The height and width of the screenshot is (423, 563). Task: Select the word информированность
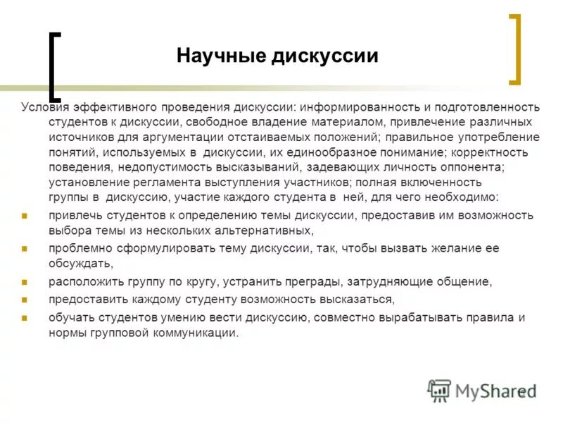[359, 107]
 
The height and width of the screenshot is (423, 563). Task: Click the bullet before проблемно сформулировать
[24, 249]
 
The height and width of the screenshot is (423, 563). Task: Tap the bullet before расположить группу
[24, 281]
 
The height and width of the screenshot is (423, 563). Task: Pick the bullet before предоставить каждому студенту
[24, 299]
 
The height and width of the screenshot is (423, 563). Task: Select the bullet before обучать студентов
[24, 317]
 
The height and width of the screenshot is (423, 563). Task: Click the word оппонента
[462, 166]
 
